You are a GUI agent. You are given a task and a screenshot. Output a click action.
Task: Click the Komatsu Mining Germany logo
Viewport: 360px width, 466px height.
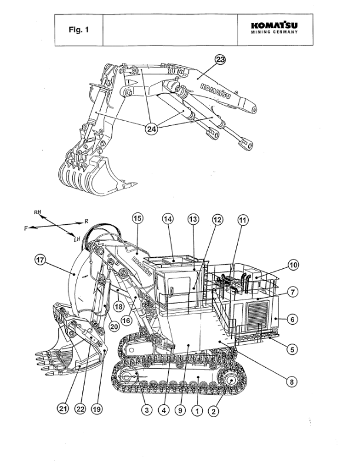[x=274, y=29]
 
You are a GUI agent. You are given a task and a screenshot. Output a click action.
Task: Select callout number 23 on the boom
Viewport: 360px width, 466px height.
[x=220, y=59]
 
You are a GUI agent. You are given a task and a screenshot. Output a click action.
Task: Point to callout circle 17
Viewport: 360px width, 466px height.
[x=41, y=259]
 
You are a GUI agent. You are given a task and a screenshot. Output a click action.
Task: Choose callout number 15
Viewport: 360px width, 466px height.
[x=138, y=219]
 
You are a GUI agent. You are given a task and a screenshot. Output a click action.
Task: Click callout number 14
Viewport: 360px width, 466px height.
[x=168, y=219]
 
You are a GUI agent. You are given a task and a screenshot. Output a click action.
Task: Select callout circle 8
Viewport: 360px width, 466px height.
[x=291, y=381]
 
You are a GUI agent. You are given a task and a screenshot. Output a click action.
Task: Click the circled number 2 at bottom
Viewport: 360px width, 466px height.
[x=214, y=412]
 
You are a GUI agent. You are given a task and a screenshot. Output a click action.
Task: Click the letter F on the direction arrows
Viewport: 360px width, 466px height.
[x=26, y=227]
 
